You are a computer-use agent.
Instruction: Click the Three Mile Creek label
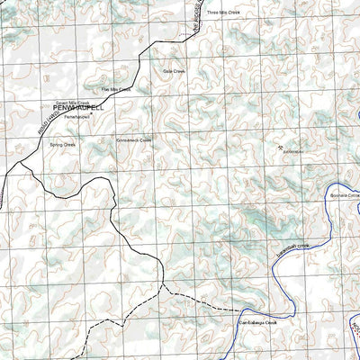[224, 13]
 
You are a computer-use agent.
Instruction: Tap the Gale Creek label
[173, 70]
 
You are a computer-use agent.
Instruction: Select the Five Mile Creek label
[116, 90]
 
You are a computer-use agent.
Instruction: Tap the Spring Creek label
[63, 144]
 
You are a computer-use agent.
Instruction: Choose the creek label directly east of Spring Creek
[134, 140]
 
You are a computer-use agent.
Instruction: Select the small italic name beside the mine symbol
[294, 153]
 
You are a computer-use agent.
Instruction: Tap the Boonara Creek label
[343, 194]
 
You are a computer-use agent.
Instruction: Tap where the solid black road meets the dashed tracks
[163, 286]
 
